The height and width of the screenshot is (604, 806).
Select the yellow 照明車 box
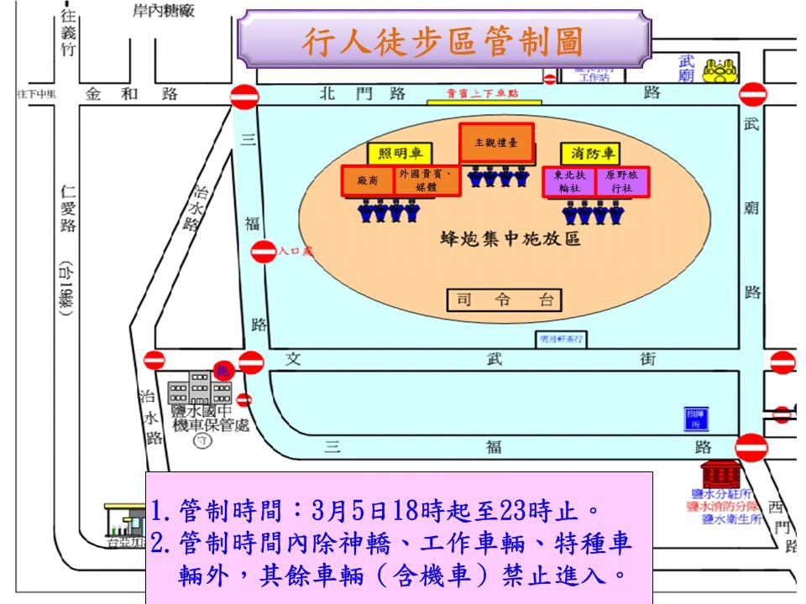tap(399, 154)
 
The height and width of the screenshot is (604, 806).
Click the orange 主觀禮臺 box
tap(496, 143)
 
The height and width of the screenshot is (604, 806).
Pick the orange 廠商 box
tap(368, 180)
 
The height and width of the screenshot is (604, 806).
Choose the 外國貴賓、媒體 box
tap(427, 180)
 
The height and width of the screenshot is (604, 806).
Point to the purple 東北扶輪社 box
tap(568, 181)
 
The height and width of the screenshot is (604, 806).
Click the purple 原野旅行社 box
tap(621, 181)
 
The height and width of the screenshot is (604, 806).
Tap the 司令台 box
tap(503, 299)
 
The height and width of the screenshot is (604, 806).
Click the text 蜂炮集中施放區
tap(510, 239)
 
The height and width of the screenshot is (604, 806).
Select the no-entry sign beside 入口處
tap(264, 251)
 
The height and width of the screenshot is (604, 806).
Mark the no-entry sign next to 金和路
tap(244, 96)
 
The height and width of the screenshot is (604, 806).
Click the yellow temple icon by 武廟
tap(720, 70)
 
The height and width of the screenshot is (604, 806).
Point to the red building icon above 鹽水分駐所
tap(720, 474)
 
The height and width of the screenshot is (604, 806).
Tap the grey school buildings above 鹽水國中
tap(200, 388)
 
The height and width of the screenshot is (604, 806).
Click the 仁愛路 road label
tap(69, 209)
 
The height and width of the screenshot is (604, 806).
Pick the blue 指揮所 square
tap(694, 417)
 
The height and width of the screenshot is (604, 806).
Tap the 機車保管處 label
tap(210, 426)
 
